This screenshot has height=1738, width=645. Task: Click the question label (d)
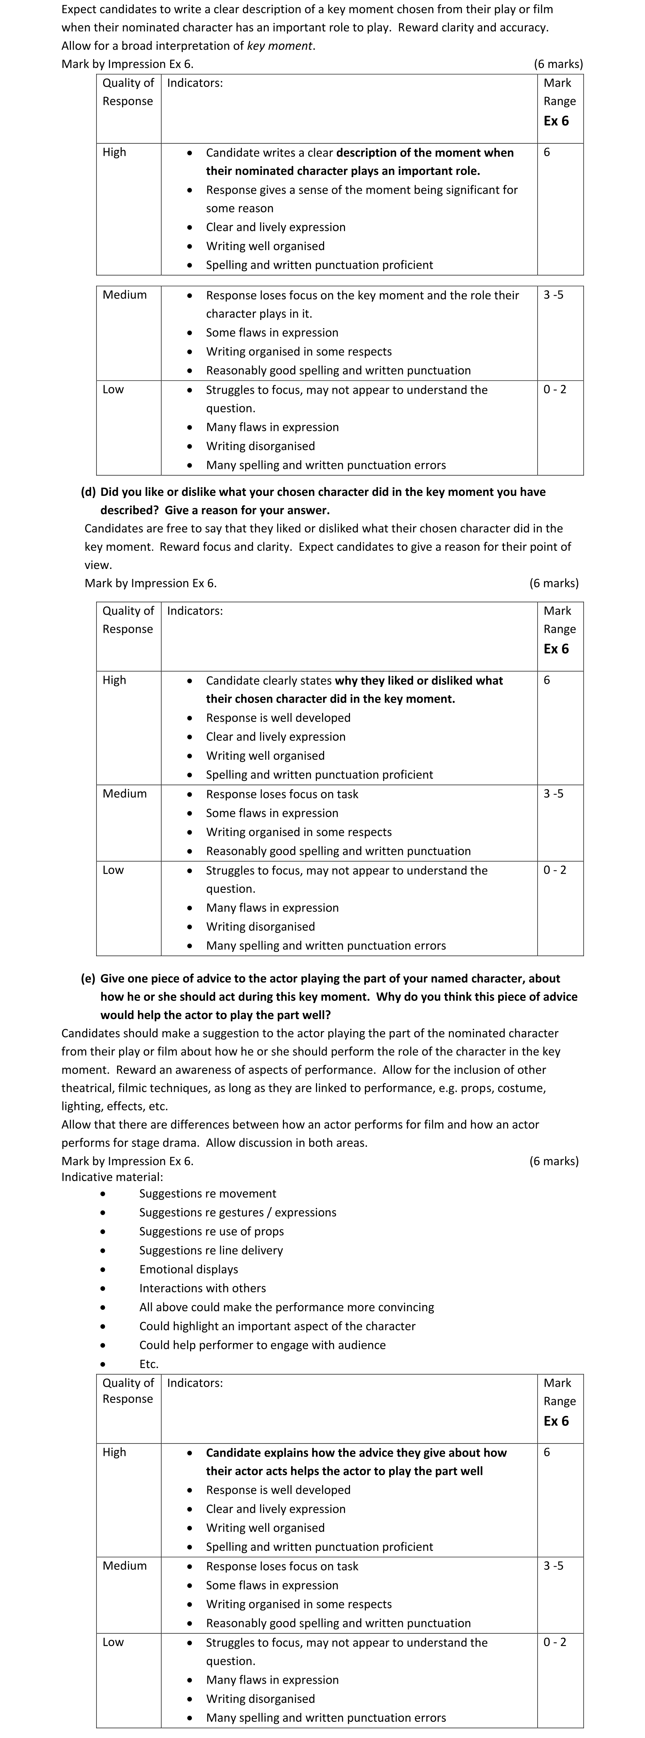[88, 492]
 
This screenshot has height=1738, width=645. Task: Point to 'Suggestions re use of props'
[211, 1231]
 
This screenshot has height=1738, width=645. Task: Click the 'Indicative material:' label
[112, 1177]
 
